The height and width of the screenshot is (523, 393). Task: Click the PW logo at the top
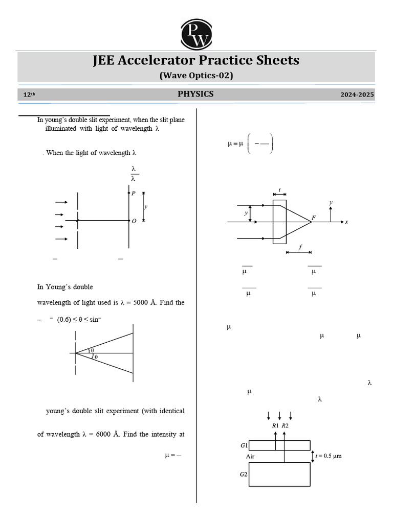pyautogui.click(x=196, y=32)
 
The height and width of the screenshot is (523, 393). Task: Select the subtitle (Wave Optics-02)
pyautogui.click(x=196, y=76)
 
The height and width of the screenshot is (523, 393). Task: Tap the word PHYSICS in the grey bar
pyautogui.click(x=195, y=94)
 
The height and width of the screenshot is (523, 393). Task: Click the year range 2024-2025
pyautogui.click(x=357, y=95)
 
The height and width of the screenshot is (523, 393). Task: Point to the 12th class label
pyautogui.click(x=30, y=95)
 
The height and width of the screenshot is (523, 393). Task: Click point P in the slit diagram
pyautogui.click(x=134, y=194)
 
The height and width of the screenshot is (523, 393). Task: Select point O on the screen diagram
pyautogui.click(x=134, y=221)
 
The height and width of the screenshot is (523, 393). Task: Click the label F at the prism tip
pyautogui.click(x=314, y=218)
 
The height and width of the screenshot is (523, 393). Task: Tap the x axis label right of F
pyautogui.click(x=346, y=222)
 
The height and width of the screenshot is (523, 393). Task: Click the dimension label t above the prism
pyautogui.click(x=279, y=190)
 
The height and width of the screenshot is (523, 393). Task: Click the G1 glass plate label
pyautogui.click(x=244, y=445)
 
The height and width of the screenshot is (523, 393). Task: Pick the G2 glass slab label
pyautogui.click(x=244, y=474)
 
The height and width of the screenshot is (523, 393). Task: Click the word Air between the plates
pyautogui.click(x=250, y=456)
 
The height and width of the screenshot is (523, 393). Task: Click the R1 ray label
pyautogui.click(x=275, y=425)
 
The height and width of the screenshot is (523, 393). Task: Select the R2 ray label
pyautogui.click(x=285, y=425)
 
